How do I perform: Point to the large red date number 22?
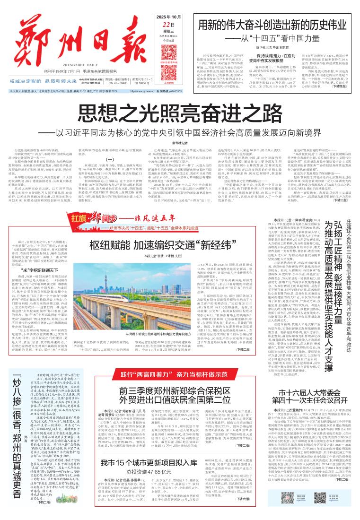click(x=166, y=25)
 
